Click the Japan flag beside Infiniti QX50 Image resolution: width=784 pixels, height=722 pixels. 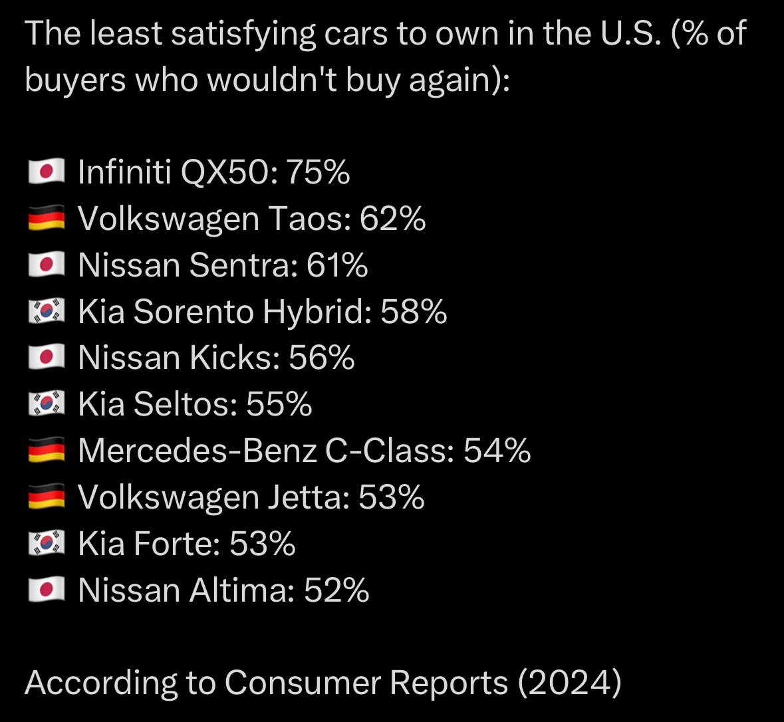pyautogui.click(x=47, y=172)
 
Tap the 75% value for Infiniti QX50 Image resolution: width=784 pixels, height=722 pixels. pyautogui.click(x=318, y=172)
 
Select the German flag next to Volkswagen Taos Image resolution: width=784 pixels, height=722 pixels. pyautogui.click(x=47, y=218)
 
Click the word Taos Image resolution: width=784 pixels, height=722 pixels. pyautogui.click(x=310, y=219)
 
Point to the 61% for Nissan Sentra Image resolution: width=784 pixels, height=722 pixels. pyautogui.click(x=338, y=265)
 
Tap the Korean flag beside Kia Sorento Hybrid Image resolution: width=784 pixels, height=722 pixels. pyautogui.click(x=47, y=311)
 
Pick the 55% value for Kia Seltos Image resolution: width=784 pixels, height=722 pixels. pyautogui.click(x=279, y=404)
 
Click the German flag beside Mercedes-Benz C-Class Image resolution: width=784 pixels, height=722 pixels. pyautogui.click(x=47, y=450)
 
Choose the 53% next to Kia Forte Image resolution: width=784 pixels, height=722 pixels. pyautogui.click(x=263, y=544)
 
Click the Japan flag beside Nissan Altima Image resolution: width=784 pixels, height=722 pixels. pyautogui.click(x=47, y=590)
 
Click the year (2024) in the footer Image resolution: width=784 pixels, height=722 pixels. pyautogui.click(x=569, y=683)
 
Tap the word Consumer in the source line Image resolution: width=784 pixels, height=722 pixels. pyautogui.click(x=303, y=683)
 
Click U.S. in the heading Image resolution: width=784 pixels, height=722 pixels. pyautogui.click(x=631, y=33)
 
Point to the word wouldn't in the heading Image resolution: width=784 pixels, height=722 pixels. pyautogui.click(x=271, y=80)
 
